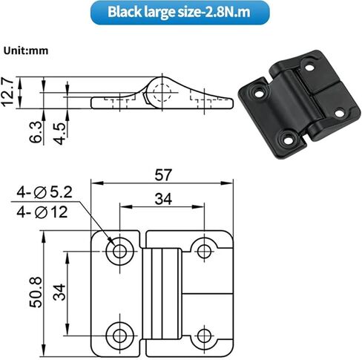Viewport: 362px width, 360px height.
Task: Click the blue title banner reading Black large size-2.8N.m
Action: pyautogui.click(x=180, y=13)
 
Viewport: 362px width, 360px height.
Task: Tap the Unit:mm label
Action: pyautogui.click(x=26, y=50)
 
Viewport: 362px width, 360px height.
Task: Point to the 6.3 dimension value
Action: pyautogui.click(x=36, y=132)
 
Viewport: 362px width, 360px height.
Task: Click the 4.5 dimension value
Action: pyautogui.click(x=60, y=134)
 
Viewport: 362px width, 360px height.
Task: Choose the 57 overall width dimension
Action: pyautogui.click(x=163, y=175)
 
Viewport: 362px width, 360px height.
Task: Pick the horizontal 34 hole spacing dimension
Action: pyautogui.click(x=163, y=199)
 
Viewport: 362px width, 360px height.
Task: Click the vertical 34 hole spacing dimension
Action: pyautogui.click(x=59, y=292)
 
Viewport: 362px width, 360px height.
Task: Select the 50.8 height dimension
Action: pyautogui.click(x=36, y=292)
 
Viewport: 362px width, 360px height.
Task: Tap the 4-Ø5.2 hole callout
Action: pyautogui.click(x=45, y=192)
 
